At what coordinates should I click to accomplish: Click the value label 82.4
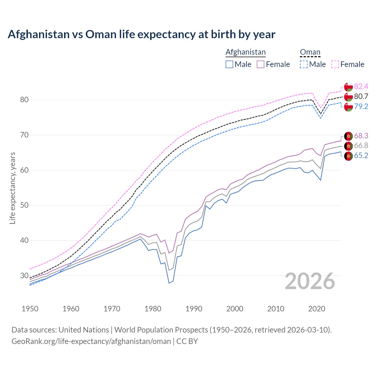[361, 86]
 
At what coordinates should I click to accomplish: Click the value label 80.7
[361, 96]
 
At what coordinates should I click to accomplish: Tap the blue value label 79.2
[361, 106]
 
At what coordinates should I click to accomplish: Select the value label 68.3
[361, 136]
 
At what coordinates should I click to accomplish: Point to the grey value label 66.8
[361, 146]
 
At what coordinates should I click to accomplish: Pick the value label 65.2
[361, 156]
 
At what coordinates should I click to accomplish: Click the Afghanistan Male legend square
[229, 64]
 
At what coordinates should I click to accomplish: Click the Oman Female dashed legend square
[335, 64]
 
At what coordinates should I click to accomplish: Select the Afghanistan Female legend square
[261, 64]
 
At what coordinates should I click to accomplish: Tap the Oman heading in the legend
[310, 52]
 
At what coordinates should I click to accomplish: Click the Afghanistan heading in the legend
[246, 52]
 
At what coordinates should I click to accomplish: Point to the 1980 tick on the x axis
[153, 309]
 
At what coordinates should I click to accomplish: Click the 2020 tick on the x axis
[317, 309]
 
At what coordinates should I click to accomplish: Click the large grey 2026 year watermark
[310, 281]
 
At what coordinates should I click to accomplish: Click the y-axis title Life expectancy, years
[13, 188]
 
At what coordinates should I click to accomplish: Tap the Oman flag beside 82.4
[348, 87]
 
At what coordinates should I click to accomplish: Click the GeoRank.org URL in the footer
[91, 341]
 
